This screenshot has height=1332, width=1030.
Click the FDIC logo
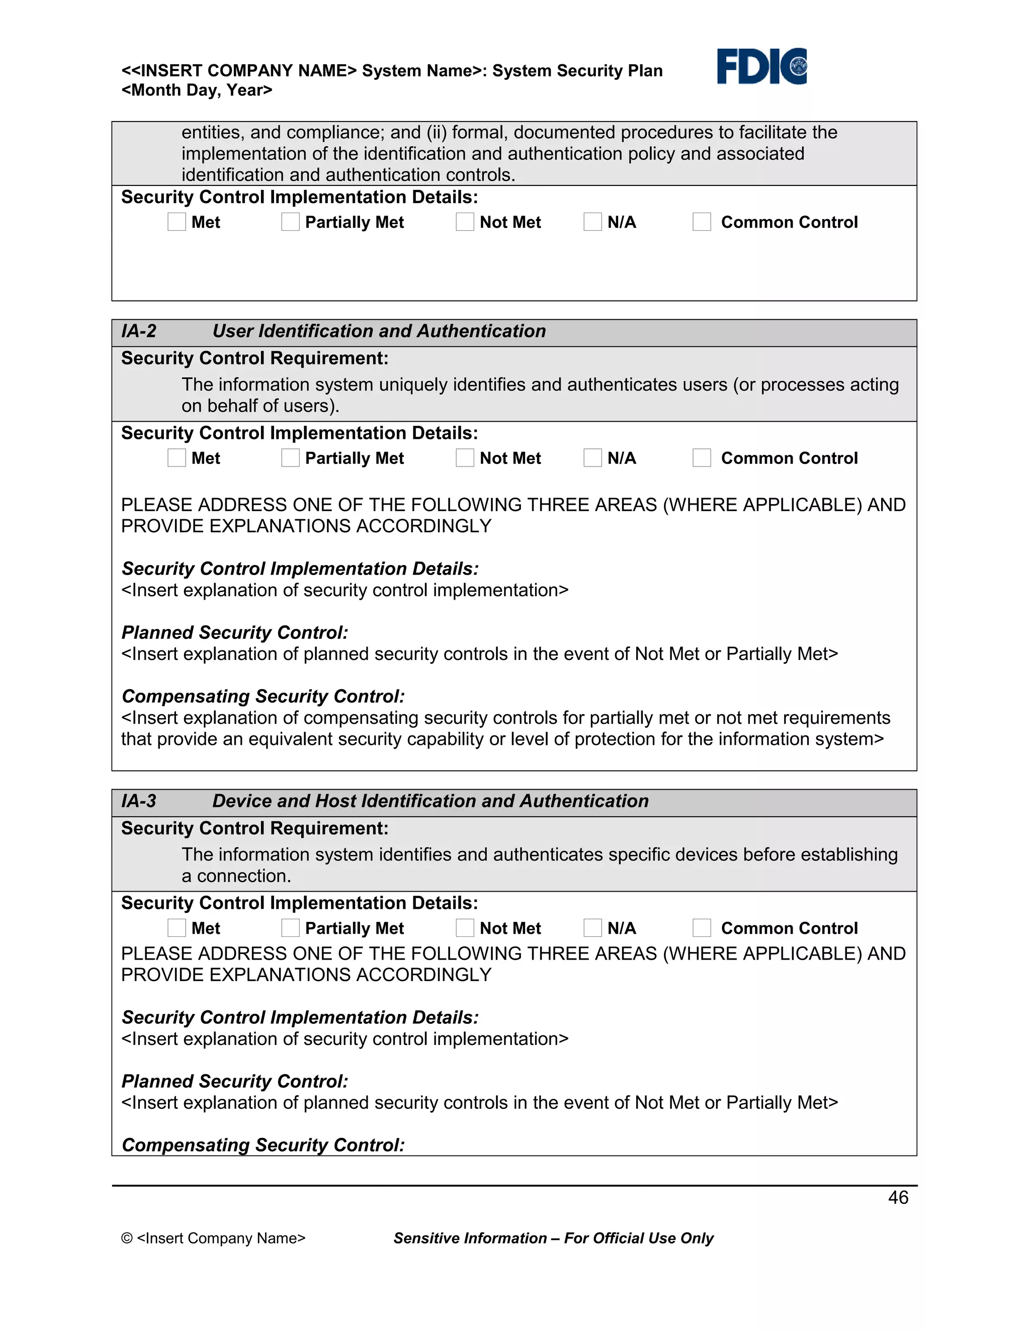point(761,66)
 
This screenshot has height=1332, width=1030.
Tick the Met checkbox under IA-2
point(177,458)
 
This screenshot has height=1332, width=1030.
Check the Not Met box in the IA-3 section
point(465,928)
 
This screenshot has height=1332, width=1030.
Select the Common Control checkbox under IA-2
point(702,458)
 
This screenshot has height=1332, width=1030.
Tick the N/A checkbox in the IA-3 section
point(592,928)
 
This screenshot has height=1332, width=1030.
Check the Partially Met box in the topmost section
point(291,222)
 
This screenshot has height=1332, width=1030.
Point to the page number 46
point(898,1197)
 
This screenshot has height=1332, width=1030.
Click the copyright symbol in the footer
point(126,1238)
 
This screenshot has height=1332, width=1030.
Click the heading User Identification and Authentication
point(379,331)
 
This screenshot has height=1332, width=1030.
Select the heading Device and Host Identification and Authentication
point(430,801)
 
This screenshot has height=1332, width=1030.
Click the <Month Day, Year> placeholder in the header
point(197,90)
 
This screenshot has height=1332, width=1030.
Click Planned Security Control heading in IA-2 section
point(234,632)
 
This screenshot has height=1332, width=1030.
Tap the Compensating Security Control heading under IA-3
point(263,1145)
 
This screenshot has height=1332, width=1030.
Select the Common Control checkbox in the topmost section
point(702,222)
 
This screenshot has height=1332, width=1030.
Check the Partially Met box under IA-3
point(291,928)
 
